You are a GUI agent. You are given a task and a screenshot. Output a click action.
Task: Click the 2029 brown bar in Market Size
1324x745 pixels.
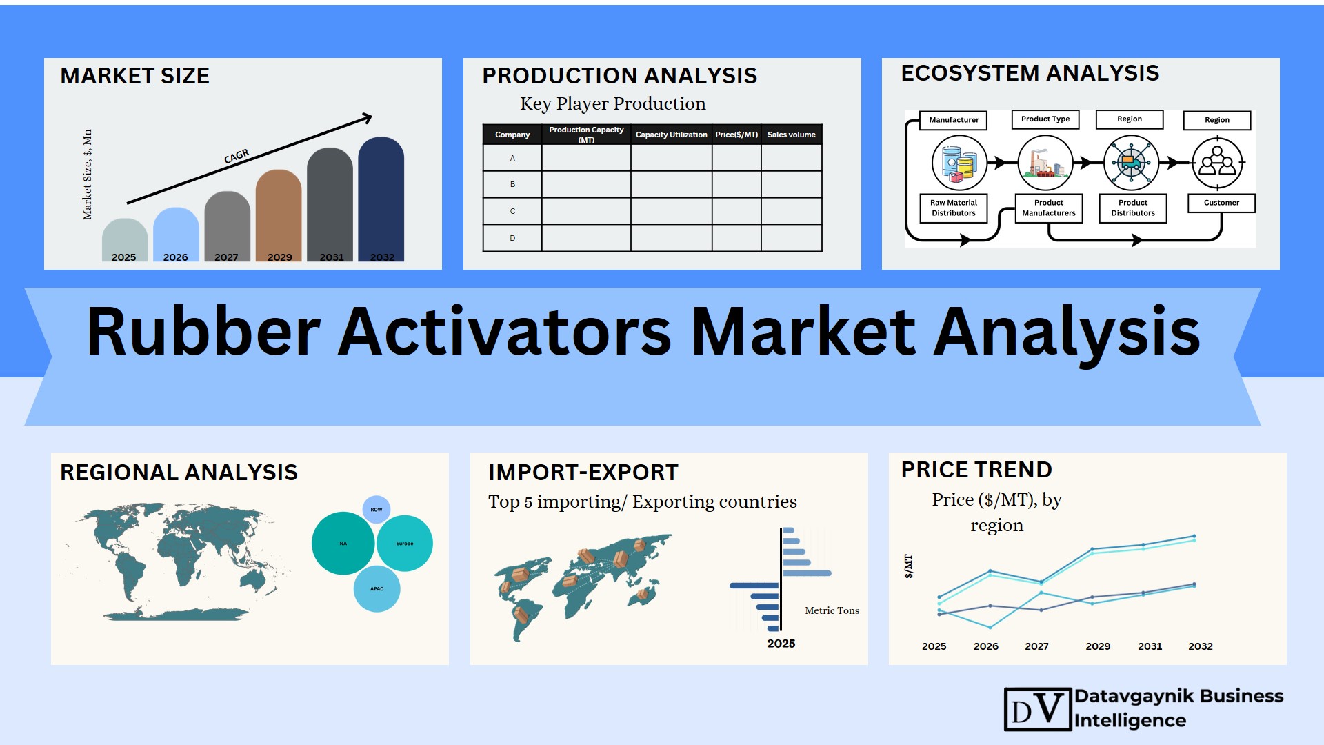click(x=279, y=215)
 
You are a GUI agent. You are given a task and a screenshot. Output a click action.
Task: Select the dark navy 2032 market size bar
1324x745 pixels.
click(x=381, y=199)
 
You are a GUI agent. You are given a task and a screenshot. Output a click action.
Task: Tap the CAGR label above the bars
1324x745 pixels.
click(x=237, y=157)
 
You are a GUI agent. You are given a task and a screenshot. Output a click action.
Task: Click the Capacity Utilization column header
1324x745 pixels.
click(x=671, y=135)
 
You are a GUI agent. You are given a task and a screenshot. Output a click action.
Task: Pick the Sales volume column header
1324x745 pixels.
click(x=792, y=135)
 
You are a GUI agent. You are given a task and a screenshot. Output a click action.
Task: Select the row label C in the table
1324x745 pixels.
click(x=512, y=211)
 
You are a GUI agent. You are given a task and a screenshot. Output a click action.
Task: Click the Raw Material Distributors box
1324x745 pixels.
click(x=954, y=208)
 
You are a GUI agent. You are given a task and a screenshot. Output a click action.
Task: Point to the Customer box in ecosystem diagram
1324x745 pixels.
click(x=1221, y=203)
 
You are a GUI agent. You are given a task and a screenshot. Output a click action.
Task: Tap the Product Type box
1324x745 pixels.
click(x=1045, y=119)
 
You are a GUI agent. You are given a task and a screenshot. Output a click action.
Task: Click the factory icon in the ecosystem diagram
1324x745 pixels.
click(x=1045, y=163)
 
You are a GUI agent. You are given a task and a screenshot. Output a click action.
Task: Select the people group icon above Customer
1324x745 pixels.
click(x=1217, y=163)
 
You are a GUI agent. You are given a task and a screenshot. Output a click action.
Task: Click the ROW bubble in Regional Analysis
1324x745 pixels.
click(x=377, y=510)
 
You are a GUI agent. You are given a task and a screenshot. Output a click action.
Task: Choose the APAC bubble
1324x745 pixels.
click(x=377, y=589)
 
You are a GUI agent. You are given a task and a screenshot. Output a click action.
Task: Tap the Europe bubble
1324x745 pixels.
click(x=405, y=544)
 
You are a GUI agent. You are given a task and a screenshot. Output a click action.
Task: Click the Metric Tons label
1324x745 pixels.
click(x=832, y=610)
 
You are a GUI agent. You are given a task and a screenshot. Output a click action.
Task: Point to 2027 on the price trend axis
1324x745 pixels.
click(x=1036, y=646)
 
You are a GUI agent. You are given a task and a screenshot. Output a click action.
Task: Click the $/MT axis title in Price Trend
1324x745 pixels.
click(x=908, y=566)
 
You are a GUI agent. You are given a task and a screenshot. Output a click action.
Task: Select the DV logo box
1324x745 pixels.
click(x=1038, y=709)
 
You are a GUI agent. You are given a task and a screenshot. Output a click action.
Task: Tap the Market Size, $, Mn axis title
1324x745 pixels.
click(x=88, y=175)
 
